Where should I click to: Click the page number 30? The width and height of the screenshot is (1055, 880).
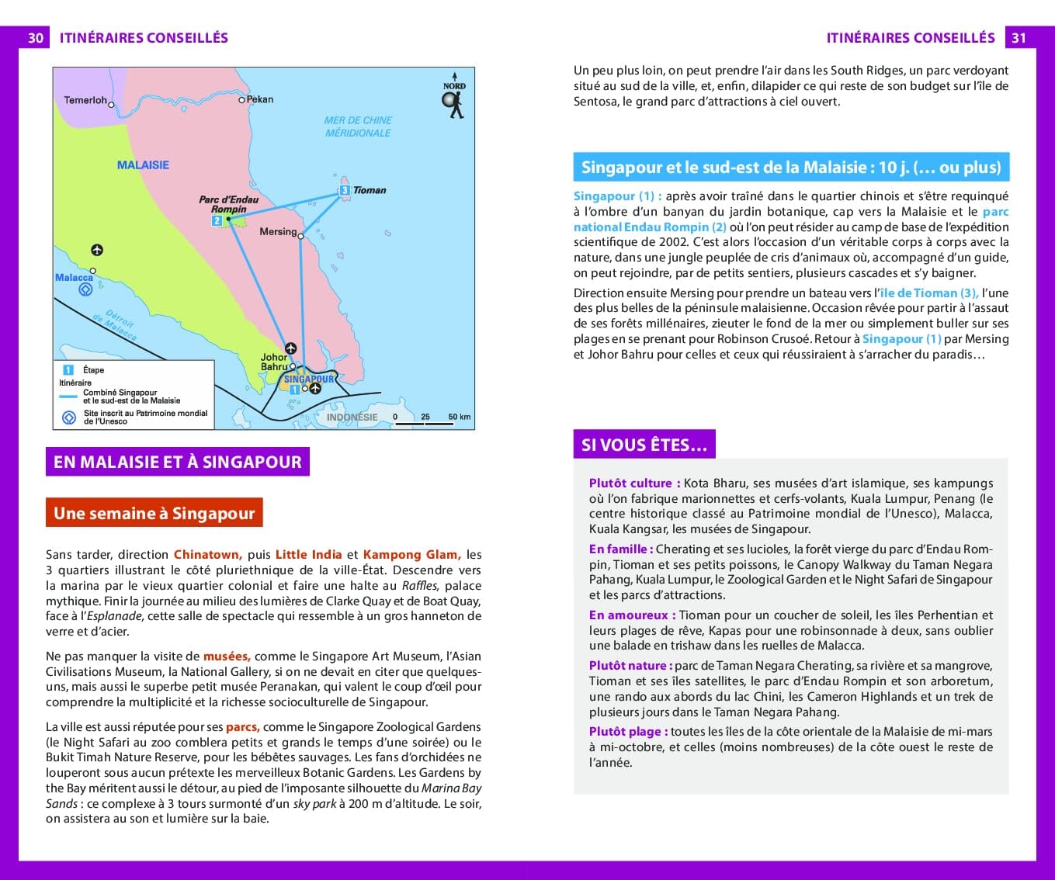35,38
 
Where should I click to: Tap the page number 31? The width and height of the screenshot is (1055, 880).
1019,38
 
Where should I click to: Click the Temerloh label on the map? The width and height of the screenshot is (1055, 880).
85,100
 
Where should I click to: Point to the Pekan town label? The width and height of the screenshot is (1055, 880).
260,99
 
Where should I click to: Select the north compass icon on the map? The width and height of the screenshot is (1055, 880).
453,101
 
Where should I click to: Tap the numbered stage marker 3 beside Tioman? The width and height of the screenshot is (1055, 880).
344,190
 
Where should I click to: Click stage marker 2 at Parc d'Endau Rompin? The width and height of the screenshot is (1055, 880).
217,221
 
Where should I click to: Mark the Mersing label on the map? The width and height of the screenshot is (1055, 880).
278,231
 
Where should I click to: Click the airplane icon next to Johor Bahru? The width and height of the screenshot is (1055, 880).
290,348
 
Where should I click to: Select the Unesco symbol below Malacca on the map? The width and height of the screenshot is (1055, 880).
85,290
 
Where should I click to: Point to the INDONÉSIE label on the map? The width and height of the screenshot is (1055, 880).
352,417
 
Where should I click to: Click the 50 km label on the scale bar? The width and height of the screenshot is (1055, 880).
459,417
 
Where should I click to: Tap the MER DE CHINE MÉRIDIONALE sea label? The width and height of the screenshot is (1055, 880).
358,126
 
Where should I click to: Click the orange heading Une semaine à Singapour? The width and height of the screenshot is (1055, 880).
154,513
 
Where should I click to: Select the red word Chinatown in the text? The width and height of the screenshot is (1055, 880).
206,554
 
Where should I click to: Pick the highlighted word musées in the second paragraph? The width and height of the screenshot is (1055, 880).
226,656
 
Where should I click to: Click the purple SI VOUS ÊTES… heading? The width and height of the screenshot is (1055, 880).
644,445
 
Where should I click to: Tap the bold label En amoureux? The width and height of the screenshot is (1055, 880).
629,615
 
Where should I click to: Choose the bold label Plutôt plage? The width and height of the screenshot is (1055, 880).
626,731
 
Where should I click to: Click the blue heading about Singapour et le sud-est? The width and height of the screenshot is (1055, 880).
790,167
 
